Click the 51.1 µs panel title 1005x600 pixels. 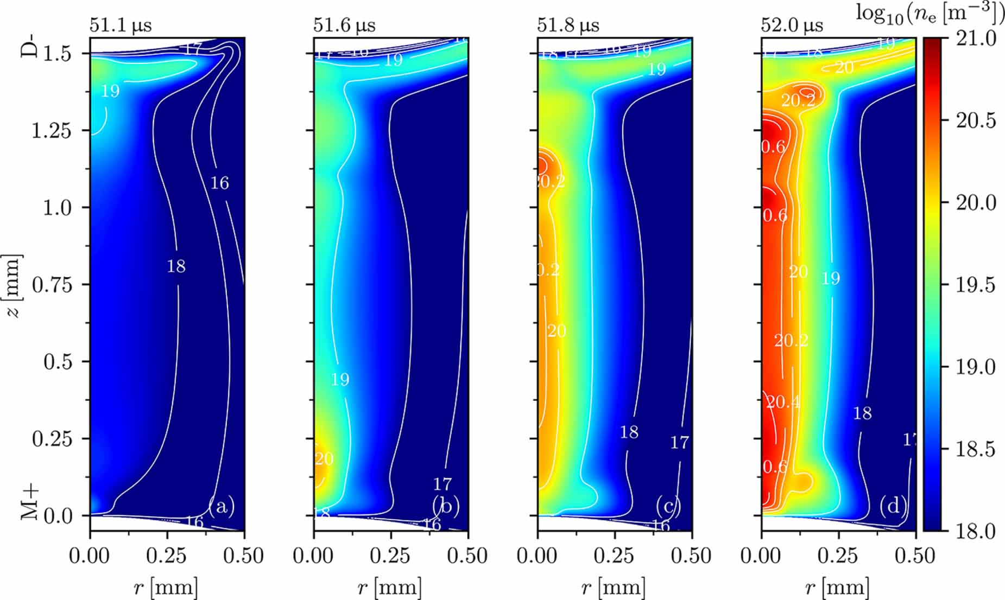tap(121, 25)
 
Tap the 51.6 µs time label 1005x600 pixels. tap(344, 25)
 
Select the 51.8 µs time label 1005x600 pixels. tap(568, 25)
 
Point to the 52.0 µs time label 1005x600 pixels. tap(792, 25)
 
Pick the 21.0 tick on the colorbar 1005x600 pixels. tap(976, 39)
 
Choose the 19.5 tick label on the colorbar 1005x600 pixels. tap(976, 285)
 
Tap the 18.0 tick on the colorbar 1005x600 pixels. tap(976, 531)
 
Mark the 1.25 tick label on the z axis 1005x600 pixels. tap(52, 131)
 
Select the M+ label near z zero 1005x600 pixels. tap(30, 502)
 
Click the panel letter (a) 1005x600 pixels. tap(222, 506)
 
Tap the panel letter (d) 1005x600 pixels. tap(893, 506)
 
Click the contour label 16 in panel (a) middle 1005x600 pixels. tap(219, 183)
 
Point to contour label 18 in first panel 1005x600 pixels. tap(176, 266)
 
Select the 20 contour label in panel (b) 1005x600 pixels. tap(324, 459)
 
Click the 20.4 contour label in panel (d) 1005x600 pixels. tap(782, 402)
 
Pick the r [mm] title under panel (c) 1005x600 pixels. tap(613, 588)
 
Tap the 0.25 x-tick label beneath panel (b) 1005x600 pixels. tap(390, 556)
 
